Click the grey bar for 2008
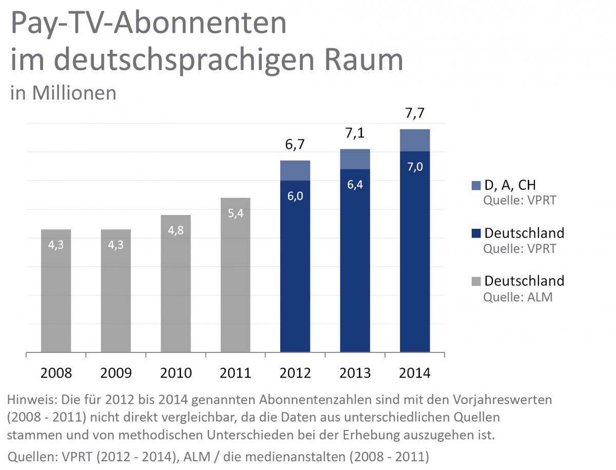[56, 291]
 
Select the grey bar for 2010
[176, 284]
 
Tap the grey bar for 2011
[236, 275]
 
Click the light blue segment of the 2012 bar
[295, 170]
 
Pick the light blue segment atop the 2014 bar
[415, 140]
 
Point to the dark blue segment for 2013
[355, 261]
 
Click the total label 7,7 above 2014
[415, 113]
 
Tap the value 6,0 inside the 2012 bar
[295, 197]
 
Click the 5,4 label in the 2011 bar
[236, 212]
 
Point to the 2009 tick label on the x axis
[116, 373]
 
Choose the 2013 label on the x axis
[355, 373]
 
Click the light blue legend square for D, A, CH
[475, 185]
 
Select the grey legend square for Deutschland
[475, 281]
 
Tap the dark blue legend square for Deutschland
[475, 233]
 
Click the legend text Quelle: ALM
[518, 297]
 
